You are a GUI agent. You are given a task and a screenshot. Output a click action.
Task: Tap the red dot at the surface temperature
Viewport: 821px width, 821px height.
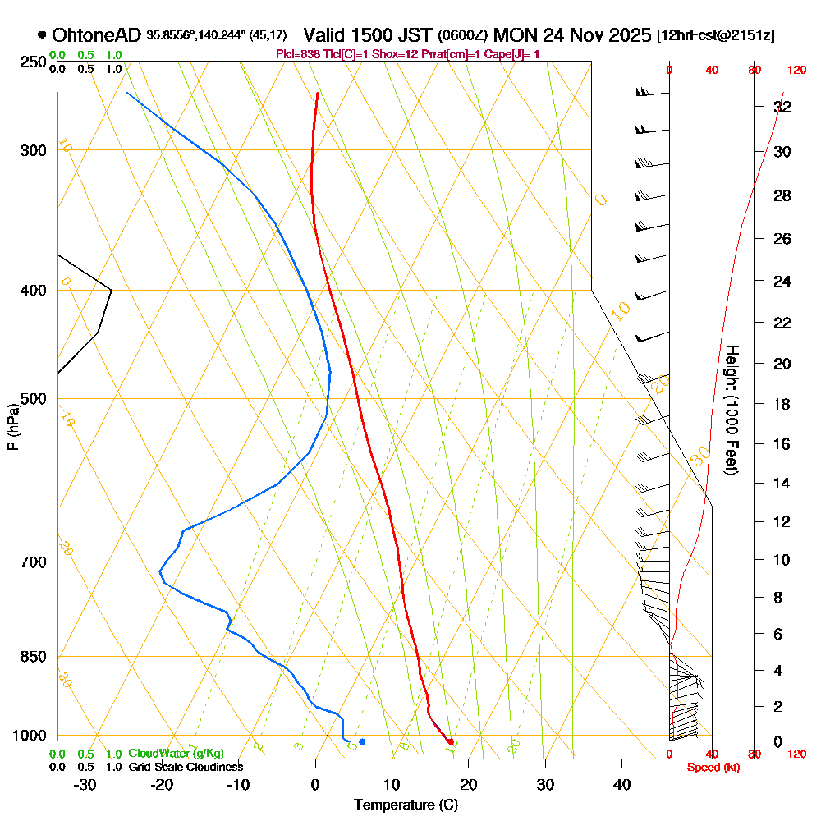(x=450, y=741)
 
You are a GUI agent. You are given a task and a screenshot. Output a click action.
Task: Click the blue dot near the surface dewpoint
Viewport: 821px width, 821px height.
(x=362, y=741)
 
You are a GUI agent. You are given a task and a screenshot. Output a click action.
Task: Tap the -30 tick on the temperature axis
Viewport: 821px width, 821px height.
(x=85, y=785)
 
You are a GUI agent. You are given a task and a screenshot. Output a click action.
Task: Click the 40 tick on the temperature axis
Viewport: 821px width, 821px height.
(x=621, y=785)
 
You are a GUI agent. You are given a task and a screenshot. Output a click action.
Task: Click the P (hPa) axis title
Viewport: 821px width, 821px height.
(x=12, y=427)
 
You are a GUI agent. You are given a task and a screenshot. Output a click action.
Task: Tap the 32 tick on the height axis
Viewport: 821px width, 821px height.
(x=782, y=108)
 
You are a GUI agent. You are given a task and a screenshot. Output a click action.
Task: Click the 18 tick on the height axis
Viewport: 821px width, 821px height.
(x=782, y=404)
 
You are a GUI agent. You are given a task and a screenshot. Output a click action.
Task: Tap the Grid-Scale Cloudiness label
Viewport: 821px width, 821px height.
(x=186, y=767)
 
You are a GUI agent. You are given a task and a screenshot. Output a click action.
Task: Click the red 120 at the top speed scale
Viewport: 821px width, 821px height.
(x=796, y=71)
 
